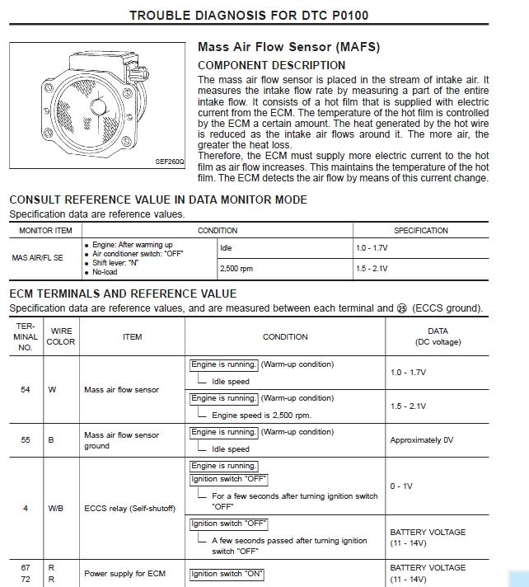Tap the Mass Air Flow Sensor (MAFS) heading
[288, 48]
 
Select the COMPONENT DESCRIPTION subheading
[271, 65]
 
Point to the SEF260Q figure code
[170, 162]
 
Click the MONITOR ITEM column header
[45, 231]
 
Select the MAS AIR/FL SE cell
[37, 258]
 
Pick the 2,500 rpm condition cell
[236, 269]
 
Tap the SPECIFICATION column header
[420, 231]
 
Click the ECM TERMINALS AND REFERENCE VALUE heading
[123, 293]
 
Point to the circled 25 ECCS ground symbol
[403, 308]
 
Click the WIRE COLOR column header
[62, 336]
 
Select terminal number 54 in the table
[26, 389]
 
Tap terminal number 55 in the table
[26, 440]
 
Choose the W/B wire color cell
[56, 508]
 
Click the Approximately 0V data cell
[421, 440]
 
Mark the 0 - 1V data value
[401, 486]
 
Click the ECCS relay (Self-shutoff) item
[130, 508]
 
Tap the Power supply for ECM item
[124, 574]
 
